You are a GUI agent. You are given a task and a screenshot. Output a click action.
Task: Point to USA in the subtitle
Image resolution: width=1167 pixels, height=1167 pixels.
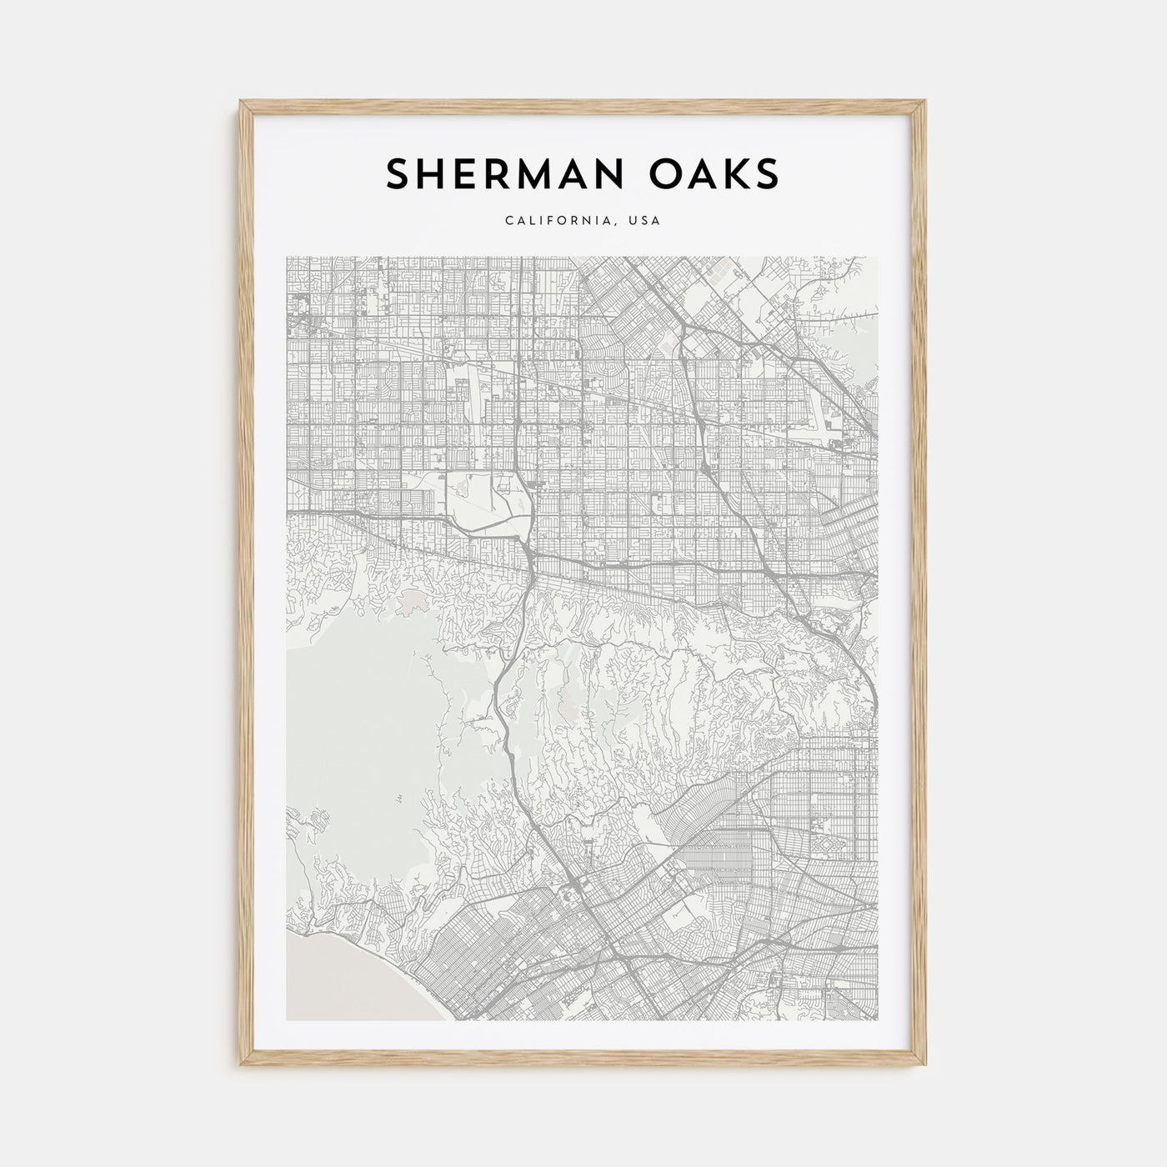(647, 221)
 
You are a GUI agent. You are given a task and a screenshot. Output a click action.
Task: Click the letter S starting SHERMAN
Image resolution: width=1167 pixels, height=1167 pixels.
(398, 173)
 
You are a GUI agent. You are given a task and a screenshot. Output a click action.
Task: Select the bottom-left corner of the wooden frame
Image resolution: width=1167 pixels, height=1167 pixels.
(242, 1068)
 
